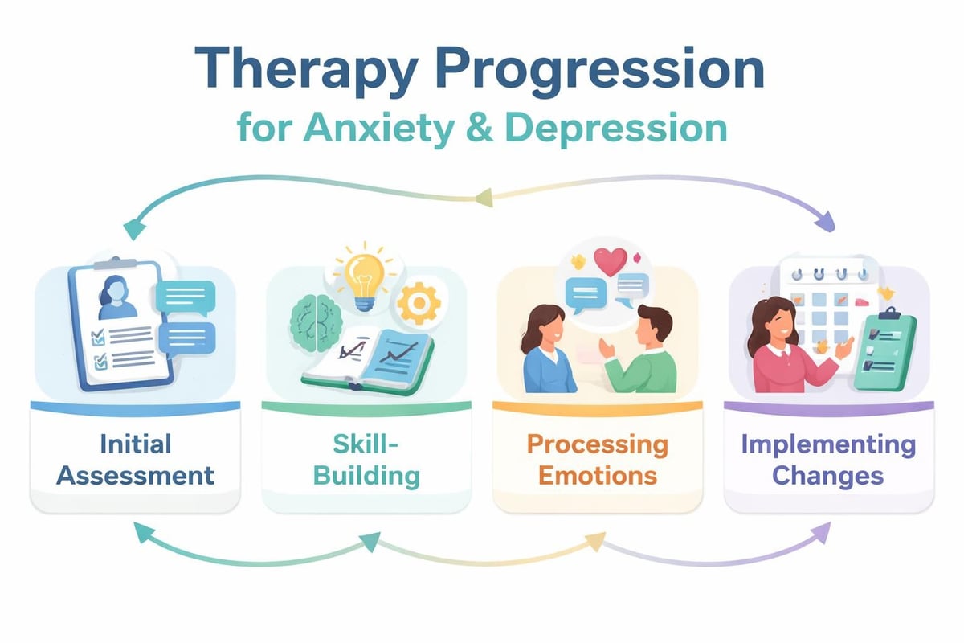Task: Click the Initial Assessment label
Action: [136, 459]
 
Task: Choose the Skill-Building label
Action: [366, 459]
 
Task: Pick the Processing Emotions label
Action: [597, 459]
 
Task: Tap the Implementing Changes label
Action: [828, 459]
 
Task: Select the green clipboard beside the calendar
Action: [884, 350]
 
